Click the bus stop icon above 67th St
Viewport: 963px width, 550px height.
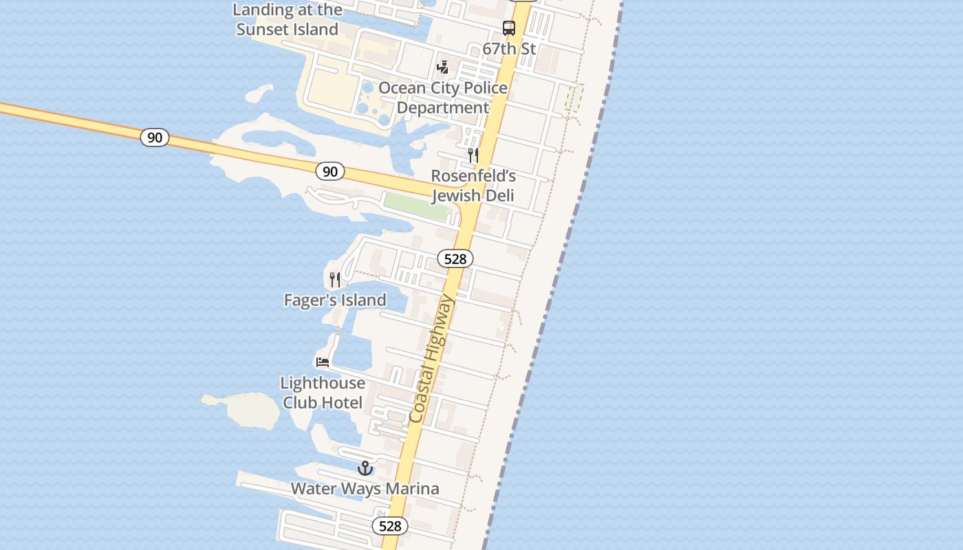pyautogui.click(x=509, y=28)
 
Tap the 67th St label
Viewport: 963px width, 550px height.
pyautogui.click(x=509, y=49)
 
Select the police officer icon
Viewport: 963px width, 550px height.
pyautogui.click(x=443, y=67)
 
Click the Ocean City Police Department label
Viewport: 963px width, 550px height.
pyautogui.click(x=443, y=98)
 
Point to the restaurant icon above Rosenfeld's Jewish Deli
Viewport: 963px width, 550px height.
pyautogui.click(x=473, y=155)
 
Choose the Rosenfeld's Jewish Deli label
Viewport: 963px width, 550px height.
pyautogui.click(x=473, y=186)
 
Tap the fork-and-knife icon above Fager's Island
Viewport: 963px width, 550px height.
pyautogui.click(x=335, y=279)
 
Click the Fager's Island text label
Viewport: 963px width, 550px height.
pyautogui.click(x=335, y=300)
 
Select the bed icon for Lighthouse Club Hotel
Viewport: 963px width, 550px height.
pyautogui.click(x=323, y=362)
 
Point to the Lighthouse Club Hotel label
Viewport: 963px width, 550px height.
pyautogui.click(x=323, y=393)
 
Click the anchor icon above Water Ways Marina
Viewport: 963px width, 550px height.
pyautogui.click(x=365, y=468)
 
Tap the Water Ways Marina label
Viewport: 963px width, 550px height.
pyautogui.click(x=365, y=489)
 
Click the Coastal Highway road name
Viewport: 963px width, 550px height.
pyautogui.click(x=431, y=359)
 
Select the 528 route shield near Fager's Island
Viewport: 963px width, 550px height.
pyautogui.click(x=455, y=258)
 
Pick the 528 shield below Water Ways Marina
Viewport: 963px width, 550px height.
pyautogui.click(x=390, y=526)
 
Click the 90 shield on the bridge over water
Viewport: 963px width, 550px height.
pyautogui.click(x=155, y=137)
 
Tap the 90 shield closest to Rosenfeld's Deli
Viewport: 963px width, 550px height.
pyautogui.click(x=330, y=171)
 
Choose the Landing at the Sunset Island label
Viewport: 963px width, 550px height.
pyautogui.click(x=288, y=19)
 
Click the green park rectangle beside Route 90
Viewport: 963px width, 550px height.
pyautogui.click(x=415, y=206)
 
